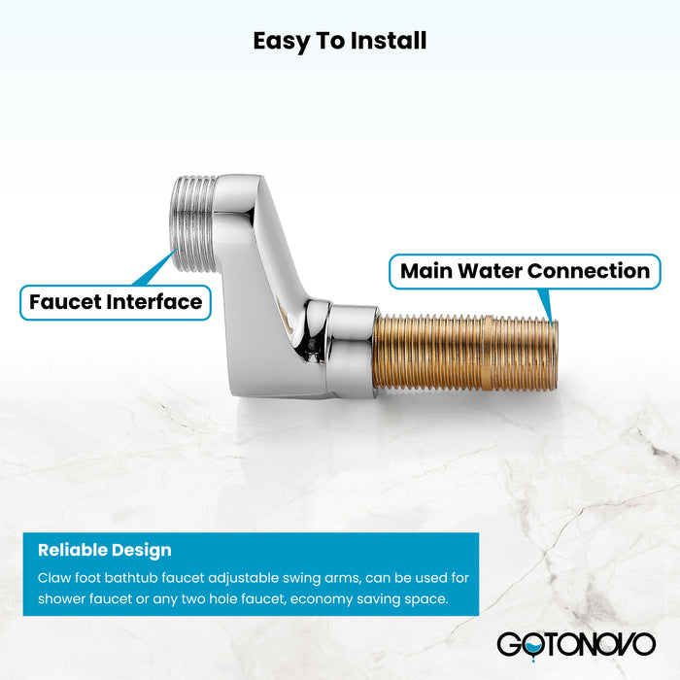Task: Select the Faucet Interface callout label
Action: coord(116,301)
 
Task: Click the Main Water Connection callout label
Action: coord(525,270)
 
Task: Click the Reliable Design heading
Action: coord(105,550)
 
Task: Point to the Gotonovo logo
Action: coord(575,643)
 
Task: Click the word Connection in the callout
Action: coord(591,270)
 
